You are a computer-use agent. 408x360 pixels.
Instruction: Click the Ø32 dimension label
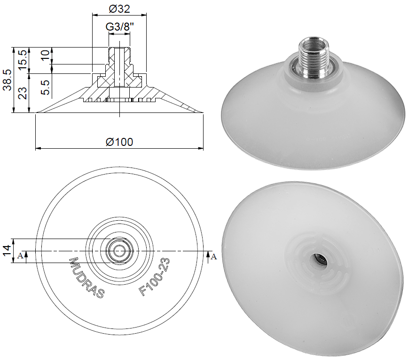119,8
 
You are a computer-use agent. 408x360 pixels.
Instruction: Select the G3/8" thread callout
119,27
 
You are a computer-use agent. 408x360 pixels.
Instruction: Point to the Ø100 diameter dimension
119,142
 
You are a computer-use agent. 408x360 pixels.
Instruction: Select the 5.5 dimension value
45,88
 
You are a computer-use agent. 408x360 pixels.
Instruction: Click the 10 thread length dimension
45,55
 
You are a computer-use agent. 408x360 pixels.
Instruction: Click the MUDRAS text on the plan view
86,278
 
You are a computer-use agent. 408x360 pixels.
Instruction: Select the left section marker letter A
20,256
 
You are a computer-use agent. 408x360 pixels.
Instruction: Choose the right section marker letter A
214,256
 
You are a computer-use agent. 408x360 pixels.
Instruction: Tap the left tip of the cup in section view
38,112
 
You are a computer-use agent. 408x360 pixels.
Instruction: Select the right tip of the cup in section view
202,112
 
